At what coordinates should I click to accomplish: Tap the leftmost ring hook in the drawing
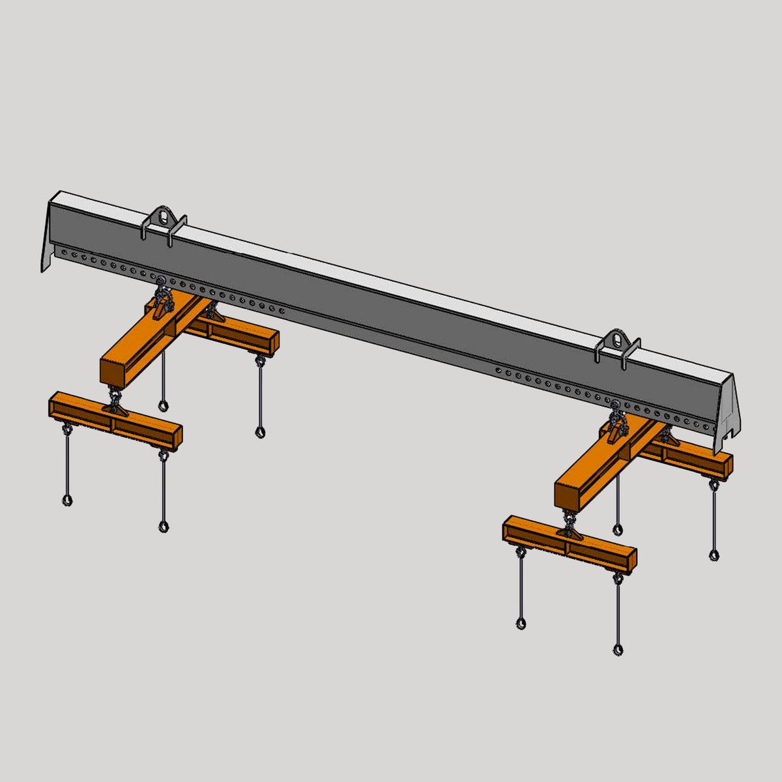[67, 500]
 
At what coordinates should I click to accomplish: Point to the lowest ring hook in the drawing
[617, 649]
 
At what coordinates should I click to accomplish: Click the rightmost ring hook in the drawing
[714, 555]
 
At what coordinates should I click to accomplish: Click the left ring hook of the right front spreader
[521, 624]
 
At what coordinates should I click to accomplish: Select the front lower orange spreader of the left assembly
[115, 420]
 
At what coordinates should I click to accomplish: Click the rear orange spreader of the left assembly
[241, 332]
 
